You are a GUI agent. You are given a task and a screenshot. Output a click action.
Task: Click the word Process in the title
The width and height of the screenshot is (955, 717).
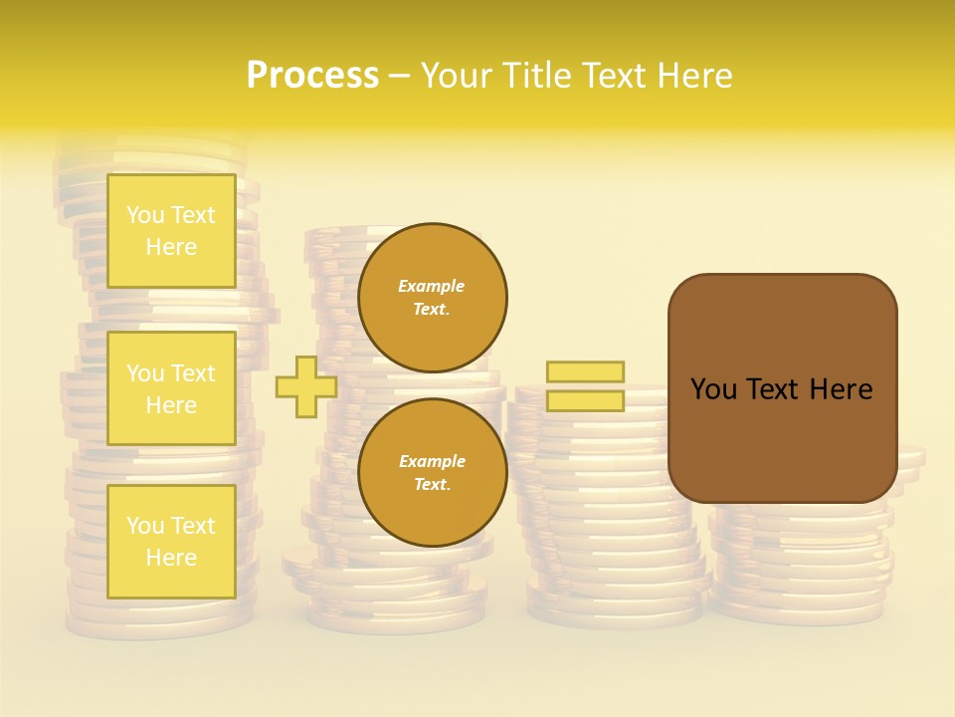(312, 76)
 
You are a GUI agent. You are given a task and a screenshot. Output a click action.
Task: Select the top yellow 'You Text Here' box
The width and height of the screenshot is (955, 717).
(171, 231)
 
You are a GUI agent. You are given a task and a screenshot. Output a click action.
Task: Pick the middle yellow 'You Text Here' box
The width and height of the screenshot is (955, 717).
(171, 388)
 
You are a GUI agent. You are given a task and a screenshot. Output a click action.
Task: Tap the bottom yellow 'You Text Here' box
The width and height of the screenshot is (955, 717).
(171, 541)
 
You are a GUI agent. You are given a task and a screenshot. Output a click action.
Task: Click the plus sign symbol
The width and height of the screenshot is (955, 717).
(305, 386)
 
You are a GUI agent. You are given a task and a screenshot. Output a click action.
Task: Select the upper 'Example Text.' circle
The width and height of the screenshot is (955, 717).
(432, 297)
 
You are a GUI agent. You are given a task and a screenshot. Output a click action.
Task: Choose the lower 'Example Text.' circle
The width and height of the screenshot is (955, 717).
(432, 472)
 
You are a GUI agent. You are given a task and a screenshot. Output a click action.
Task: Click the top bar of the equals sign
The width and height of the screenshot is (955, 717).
(585, 371)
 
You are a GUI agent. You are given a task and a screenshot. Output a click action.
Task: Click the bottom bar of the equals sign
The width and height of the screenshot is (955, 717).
(585, 400)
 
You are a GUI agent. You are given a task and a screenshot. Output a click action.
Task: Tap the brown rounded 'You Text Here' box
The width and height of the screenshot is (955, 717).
(782, 388)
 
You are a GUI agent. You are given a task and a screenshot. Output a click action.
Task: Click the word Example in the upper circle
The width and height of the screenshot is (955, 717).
(432, 286)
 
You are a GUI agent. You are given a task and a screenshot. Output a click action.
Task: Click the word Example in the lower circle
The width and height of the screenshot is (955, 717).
(432, 461)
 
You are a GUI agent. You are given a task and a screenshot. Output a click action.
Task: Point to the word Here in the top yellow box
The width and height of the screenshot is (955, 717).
(171, 247)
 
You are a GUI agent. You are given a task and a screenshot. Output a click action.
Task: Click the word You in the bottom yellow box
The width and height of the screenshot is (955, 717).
(145, 526)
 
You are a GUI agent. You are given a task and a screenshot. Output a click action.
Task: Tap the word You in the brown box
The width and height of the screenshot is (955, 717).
(713, 389)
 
